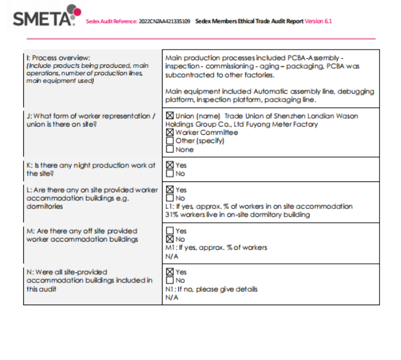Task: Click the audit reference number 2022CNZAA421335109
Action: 164,22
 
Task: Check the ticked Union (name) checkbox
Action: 170,116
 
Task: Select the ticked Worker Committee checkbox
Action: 170,132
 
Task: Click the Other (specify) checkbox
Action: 170,141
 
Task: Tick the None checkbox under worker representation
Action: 170,149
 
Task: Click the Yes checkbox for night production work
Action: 170,165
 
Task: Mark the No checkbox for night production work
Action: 170,173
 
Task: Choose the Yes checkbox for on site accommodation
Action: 170,190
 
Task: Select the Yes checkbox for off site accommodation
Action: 170,231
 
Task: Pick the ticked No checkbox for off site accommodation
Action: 170,239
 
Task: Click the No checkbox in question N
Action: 170,281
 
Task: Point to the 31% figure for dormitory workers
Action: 172,215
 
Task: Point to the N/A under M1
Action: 171,256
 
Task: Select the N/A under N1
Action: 171,298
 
